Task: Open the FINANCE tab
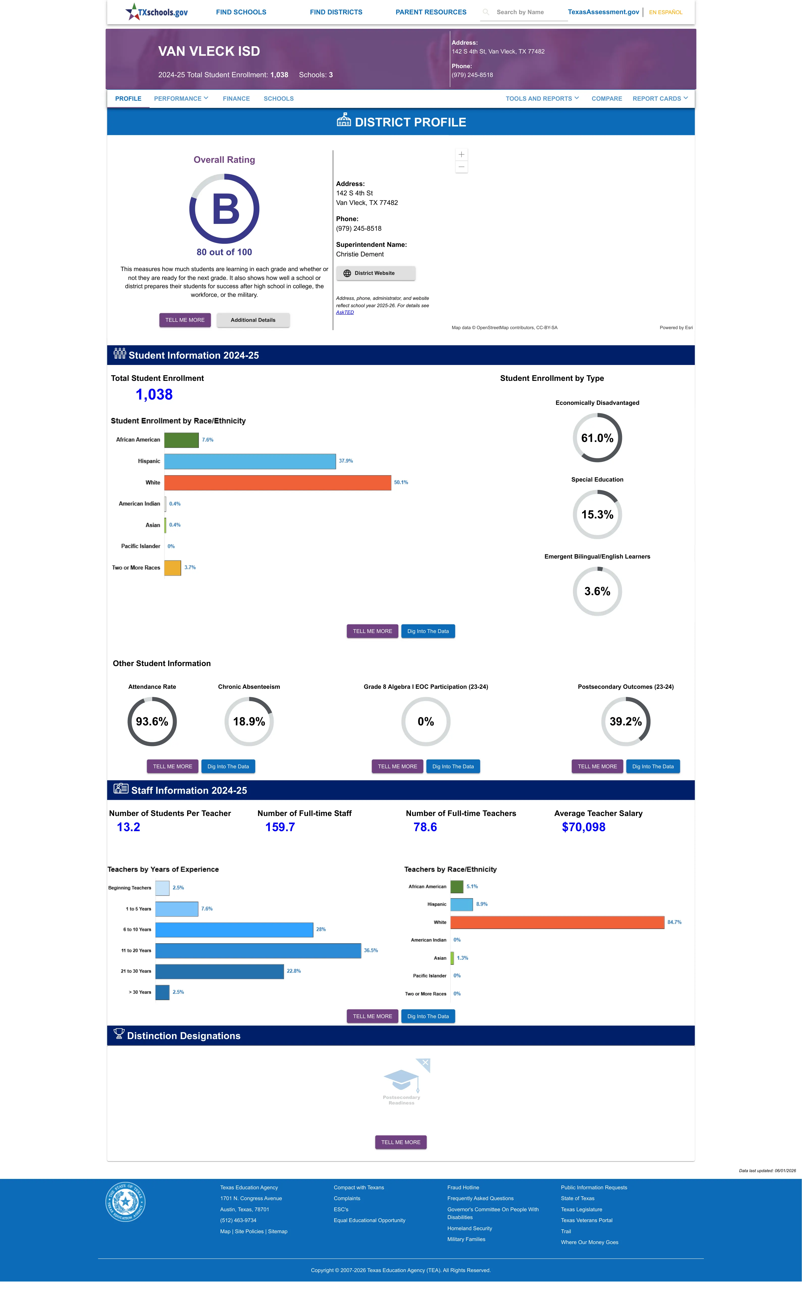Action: point(236,99)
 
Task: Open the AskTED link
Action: point(345,312)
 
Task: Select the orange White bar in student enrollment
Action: point(277,482)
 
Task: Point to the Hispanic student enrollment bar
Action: point(250,461)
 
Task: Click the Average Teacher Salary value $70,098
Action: point(583,827)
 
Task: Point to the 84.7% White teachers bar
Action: point(557,922)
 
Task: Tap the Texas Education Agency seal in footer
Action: point(125,1201)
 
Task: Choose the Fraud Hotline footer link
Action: point(463,1188)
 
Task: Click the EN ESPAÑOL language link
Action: point(666,12)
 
